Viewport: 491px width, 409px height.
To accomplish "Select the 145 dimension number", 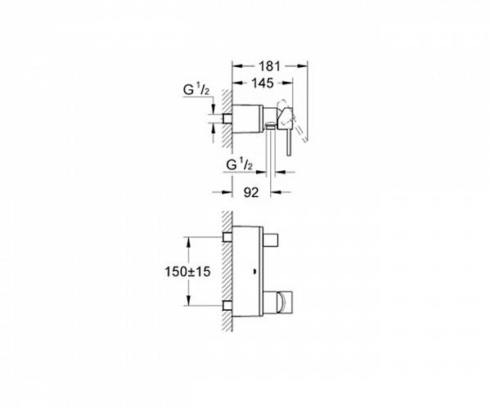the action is coord(263,83).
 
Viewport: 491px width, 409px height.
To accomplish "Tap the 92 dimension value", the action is coord(251,192).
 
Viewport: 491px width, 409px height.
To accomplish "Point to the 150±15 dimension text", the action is coord(187,272).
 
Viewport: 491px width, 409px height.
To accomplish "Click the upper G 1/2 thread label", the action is coord(196,90).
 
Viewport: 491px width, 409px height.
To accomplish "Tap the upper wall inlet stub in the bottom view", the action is coord(227,237).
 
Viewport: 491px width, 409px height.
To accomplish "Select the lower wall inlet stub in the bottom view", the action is coord(227,306).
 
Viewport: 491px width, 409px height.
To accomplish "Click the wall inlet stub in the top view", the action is coord(227,119).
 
